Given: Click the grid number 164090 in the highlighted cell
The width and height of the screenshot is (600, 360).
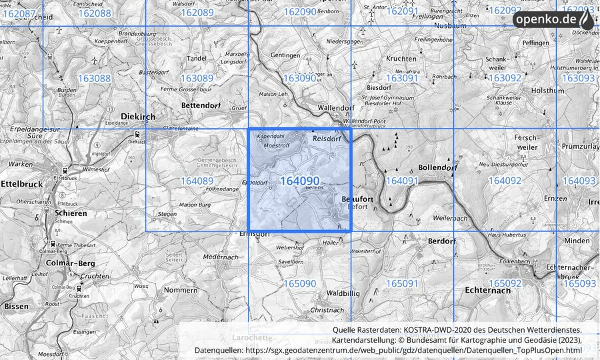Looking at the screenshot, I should (299, 181).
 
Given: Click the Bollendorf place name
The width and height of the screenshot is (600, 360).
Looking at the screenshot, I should (437, 167).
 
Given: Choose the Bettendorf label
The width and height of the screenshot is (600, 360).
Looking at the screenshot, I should (201, 105).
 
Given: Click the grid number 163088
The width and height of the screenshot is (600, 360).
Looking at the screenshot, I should (94, 79).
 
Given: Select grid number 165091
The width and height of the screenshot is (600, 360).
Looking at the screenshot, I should (402, 284).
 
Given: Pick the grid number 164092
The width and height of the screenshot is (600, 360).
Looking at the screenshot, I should (505, 181).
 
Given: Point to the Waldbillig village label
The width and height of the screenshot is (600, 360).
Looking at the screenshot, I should (343, 293).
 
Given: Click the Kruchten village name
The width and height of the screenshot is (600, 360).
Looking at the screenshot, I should (401, 59).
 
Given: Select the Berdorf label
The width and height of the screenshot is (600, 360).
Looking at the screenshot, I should (441, 241).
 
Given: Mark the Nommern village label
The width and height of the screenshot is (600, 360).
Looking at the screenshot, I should (180, 290).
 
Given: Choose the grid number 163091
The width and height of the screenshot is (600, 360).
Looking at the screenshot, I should (402, 79).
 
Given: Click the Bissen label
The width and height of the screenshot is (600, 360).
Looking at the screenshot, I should (16, 306).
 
